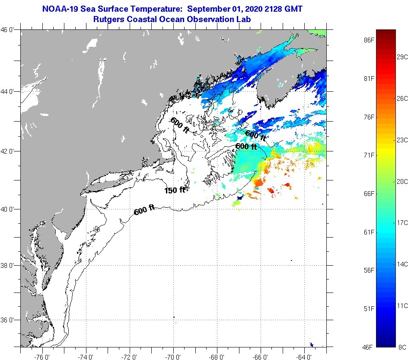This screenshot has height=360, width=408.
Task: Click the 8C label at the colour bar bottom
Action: click(x=402, y=347)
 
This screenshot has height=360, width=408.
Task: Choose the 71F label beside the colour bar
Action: click(x=369, y=155)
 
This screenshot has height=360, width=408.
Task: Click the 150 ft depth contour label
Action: click(x=175, y=190)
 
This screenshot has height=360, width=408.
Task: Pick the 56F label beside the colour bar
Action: click(x=369, y=270)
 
